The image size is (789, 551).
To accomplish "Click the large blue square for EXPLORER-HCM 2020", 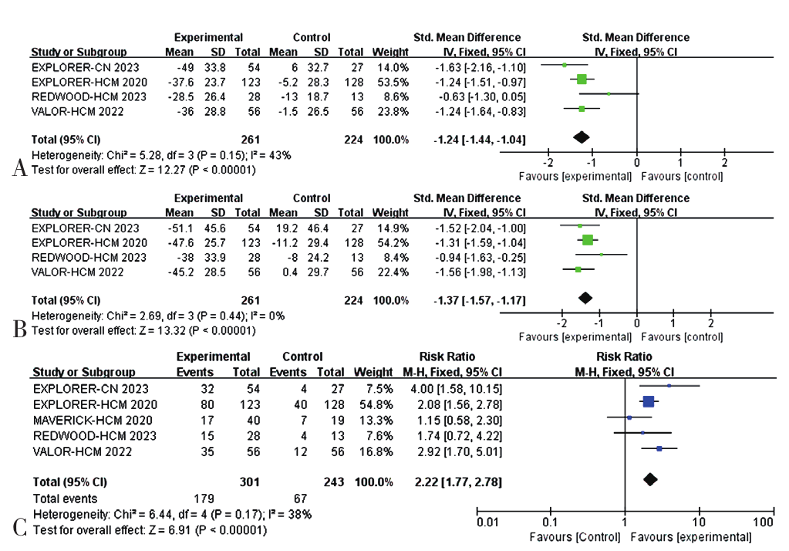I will pos(648,401).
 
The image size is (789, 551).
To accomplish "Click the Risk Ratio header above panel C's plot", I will pos(624,357).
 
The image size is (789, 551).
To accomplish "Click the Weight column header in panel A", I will pos(385,52).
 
